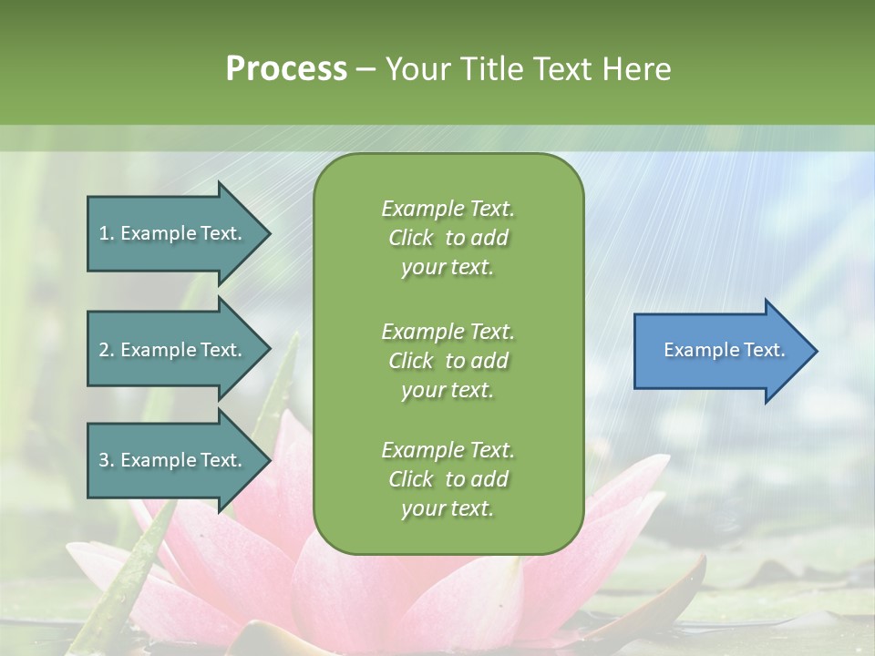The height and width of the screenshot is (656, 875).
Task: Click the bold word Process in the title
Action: [286, 69]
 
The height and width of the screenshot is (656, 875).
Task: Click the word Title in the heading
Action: [489, 69]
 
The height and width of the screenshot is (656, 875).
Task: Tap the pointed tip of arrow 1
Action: [268, 233]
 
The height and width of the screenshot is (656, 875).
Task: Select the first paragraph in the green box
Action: [448, 238]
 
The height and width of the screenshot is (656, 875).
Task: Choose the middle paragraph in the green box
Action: [448, 360]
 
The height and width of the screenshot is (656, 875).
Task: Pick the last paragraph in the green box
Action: [448, 479]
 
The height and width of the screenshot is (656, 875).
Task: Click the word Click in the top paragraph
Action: [411, 238]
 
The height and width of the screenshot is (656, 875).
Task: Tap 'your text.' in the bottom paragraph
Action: [448, 508]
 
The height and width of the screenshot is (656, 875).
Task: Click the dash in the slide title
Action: [366, 69]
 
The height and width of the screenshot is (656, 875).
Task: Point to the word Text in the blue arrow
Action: [765, 350]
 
